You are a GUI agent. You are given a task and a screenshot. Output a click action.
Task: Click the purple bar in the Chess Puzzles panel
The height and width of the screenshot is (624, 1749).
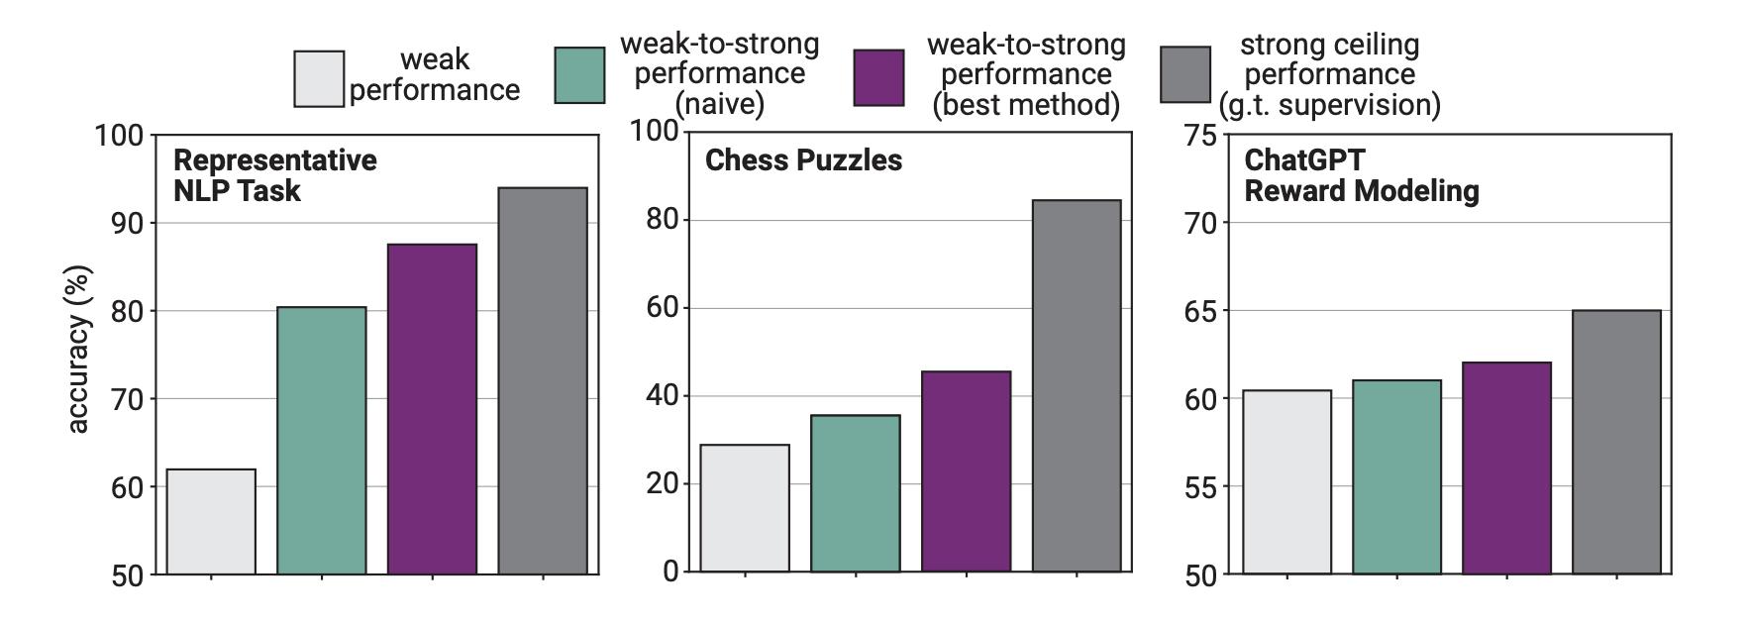[966, 471]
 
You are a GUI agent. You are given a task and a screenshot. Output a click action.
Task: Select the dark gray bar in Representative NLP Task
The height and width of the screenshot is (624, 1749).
[542, 381]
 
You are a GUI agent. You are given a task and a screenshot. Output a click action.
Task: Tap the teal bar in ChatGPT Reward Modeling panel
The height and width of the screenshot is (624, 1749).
[1396, 476]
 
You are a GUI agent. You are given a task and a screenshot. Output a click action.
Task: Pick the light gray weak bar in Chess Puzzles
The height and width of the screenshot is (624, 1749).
[745, 508]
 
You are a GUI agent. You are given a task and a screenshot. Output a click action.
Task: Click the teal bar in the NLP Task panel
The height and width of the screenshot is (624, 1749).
[321, 441]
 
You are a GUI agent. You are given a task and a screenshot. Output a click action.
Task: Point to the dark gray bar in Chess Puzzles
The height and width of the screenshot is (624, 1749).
[1076, 386]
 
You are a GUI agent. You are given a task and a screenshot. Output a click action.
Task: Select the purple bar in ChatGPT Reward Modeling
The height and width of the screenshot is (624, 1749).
[1506, 468]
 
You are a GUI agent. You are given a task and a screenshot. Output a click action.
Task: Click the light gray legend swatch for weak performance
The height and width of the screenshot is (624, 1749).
[319, 78]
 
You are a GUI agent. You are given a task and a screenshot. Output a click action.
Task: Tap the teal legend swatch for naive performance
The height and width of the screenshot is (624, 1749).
[579, 75]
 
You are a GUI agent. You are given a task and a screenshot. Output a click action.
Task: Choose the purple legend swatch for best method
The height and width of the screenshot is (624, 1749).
[878, 77]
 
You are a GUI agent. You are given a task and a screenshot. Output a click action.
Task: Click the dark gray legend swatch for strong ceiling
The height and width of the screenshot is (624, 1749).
[1185, 74]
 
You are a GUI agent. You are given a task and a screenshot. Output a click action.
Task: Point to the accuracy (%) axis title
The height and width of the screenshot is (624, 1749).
[79, 349]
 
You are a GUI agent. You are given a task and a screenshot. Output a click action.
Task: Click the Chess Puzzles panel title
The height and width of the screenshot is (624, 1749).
[803, 160]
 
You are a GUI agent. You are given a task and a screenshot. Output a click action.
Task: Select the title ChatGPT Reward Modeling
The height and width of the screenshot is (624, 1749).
[1361, 175]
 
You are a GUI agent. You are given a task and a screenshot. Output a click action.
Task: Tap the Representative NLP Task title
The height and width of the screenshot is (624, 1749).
[274, 175]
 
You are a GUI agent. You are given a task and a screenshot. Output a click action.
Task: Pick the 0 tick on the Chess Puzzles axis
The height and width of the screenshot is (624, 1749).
[671, 572]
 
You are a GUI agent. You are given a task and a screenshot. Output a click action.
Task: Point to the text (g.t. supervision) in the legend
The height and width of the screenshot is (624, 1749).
[1329, 105]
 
